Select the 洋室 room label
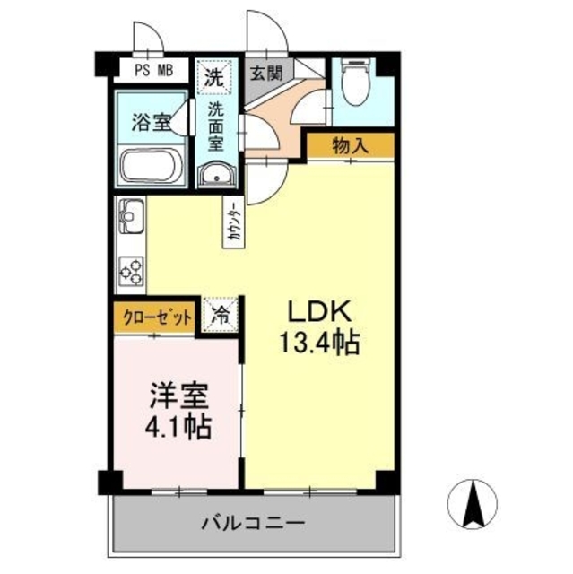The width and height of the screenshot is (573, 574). point(178,394)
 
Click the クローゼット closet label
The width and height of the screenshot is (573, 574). point(154,316)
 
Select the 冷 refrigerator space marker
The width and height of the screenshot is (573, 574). point(219,316)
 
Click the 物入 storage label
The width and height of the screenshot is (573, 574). point(351,143)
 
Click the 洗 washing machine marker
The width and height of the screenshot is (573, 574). point(213,74)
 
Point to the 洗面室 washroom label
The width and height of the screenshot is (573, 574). point(216,127)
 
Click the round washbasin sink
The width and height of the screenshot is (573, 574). point(215,176)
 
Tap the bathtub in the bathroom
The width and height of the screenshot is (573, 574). point(151,166)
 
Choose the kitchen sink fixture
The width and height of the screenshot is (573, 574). point(131,218)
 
